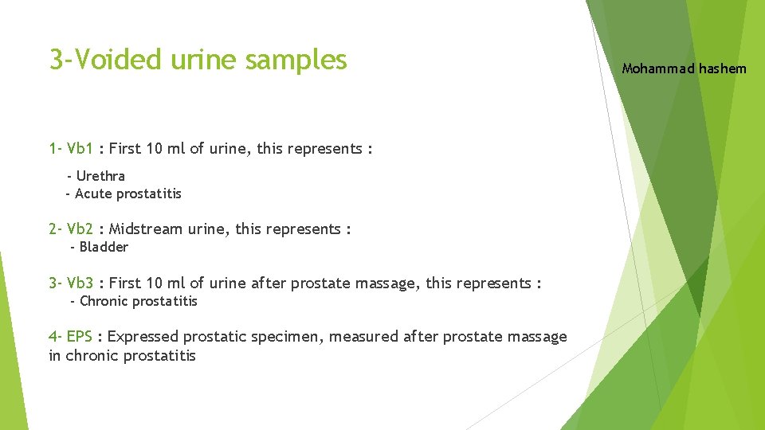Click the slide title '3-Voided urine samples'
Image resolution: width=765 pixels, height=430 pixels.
198,60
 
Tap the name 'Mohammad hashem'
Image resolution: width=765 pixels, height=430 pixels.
684,68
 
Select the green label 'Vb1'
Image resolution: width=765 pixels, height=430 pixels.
80,148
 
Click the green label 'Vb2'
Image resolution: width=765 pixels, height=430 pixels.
80,229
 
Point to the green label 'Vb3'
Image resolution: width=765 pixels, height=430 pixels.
80,283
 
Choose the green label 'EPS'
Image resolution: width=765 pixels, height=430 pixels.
80,336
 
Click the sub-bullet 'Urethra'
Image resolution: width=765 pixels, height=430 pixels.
100,176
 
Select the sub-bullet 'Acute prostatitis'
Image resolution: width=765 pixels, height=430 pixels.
127,193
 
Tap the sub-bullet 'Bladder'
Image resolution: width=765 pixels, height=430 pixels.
104,247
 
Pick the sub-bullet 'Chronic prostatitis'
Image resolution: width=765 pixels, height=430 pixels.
139,301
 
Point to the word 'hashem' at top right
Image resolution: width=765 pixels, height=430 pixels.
723,68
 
